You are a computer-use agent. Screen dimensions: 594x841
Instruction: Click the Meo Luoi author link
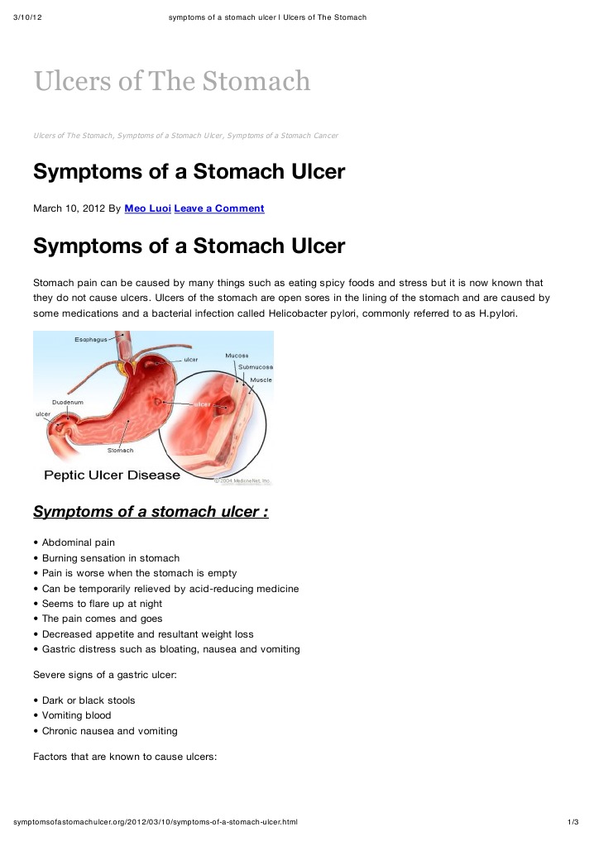(x=147, y=208)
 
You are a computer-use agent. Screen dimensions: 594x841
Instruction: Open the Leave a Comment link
(x=219, y=208)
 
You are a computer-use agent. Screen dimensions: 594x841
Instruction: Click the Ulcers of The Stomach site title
(x=172, y=81)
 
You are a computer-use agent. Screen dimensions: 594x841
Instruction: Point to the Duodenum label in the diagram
(x=68, y=402)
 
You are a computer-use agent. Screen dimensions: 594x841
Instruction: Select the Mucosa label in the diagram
(x=237, y=356)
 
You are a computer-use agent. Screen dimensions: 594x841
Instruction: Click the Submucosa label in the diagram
(x=256, y=366)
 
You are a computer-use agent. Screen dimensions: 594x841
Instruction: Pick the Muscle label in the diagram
(x=261, y=380)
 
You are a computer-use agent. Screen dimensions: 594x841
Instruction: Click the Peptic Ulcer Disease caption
(x=112, y=475)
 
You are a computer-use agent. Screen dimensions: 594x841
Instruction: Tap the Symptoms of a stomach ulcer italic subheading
(x=151, y=512)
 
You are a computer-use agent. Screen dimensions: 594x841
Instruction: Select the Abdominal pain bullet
(x=79, y=542)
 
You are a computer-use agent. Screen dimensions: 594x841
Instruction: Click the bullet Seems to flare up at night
(x=102, y=604)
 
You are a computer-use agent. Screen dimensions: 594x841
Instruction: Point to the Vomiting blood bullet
(x=76, y=715)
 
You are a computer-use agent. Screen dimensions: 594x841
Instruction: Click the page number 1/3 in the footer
(x=572, y=822)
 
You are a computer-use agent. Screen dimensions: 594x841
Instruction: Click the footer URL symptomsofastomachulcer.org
(x=156, y=822)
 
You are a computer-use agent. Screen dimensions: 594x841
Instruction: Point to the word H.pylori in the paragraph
(x=492, y=313)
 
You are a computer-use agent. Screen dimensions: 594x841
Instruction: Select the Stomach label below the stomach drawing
(x=121, y=451)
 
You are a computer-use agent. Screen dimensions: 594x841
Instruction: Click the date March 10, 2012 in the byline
(x=69, y=208)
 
